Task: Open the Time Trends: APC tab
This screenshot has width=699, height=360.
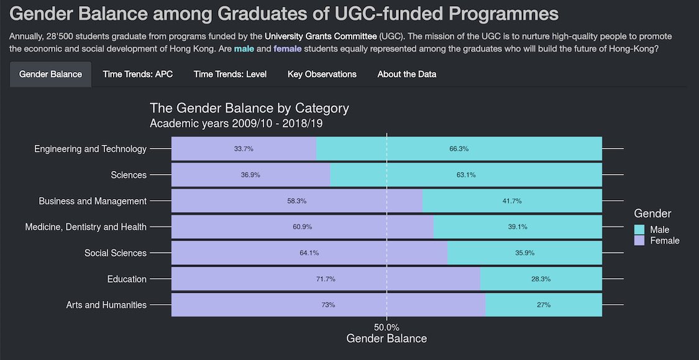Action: pyautogui.click(x=138, y=74)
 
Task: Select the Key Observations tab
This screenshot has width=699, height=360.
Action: pyautogui.click(x=322, y=74)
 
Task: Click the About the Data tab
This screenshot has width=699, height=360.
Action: pyautogui.click(x=407, y=74)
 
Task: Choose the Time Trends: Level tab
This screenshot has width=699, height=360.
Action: pyautogui.click(x=230, y=74)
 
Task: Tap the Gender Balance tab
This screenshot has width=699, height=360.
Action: pyautogui.click(x=50, y=74)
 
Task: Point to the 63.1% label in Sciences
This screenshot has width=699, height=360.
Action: pyautogui.click(x=466, y=175)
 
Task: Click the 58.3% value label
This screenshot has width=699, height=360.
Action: pyautogui.click(x=296, y=201)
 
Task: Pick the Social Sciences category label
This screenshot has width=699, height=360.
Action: pyautogui.click(x=116, y=253)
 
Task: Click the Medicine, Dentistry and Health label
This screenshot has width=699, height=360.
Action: pyautogui.click(x=86, y=227)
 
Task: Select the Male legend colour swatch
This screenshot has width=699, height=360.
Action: pyautogui.click(x=639, y=230)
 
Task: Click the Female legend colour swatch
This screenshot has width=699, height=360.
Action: pyautogui.click(x=639, y=241)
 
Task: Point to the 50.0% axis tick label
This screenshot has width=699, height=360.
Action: pyautogui.click(x=386, y=327)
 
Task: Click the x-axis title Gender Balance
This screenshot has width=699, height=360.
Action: pyautogui.click(x=386, y=339)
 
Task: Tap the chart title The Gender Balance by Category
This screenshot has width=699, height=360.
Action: pyautogui.click(x=249, y=108)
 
